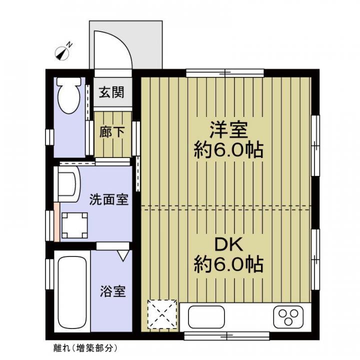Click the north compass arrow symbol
(x=64, y=51)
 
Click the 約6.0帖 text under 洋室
(x=228, y=150)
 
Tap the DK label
(x=228, y=244)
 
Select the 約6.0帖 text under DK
(x=228, y=264)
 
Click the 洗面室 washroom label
(x=109, y=199)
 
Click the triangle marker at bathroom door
(x=122, y=255)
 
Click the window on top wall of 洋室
(x=225, y=73)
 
